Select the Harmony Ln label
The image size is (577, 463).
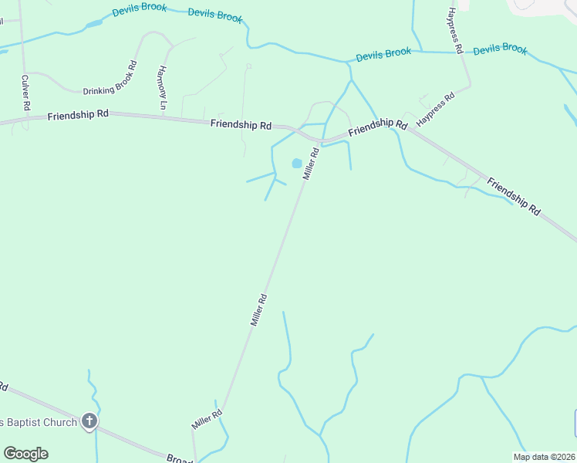(x=162, y=87)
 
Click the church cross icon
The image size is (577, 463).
(x=89, y=421)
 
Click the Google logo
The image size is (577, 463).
(x=25, y=454)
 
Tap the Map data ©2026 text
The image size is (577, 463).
(x=544, y=457)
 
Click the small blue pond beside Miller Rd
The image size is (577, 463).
(x=296, y=164)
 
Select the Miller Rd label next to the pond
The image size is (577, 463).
(x=310, y=164)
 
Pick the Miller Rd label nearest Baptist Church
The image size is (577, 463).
(x=207, y=419)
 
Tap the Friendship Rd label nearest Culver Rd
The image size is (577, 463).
(x=77, y=115)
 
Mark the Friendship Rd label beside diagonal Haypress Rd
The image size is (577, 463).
(x=377, y=128)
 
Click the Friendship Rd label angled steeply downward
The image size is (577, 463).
(x=514, y=195)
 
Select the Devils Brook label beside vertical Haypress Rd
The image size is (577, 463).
(x=500, y=49)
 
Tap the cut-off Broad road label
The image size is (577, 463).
(x=180, y=458)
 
